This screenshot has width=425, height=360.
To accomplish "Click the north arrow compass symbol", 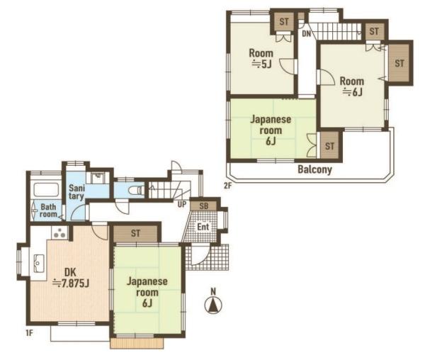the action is tap(213, 305).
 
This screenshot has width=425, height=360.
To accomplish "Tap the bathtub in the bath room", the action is tap(46, 189).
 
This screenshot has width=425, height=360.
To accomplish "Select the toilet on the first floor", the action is tap(136, 190).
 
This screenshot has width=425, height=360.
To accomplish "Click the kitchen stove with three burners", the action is tap(59, 232).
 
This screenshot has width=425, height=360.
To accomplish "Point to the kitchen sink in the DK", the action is tap(39, 263).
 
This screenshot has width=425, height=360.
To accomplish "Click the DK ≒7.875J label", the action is tap(71, 277).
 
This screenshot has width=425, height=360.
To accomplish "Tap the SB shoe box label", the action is tap(204, 206).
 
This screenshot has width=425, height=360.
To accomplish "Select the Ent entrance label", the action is tap(203, 226).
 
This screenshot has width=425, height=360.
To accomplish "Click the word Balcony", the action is tap(314, 169).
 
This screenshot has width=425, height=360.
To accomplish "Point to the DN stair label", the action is tap(307, 34).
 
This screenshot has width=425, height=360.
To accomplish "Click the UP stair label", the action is tap(182, 204).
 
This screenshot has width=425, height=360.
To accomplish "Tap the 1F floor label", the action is tap(29, 332).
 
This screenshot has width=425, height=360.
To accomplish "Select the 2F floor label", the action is tap(228, 186).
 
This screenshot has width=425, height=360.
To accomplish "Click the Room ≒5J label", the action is tap(261, 58).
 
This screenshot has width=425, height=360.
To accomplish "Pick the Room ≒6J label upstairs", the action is tap(352, 86).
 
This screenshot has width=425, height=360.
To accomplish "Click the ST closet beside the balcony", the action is tap(329, 146).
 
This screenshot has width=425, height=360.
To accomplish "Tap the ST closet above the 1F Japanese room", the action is tap(135, 233).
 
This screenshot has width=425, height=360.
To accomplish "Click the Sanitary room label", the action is tap(76, 192).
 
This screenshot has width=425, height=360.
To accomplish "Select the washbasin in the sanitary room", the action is tap(98, 178).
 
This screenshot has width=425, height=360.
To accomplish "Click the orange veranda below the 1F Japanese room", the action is tap(137, 343).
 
